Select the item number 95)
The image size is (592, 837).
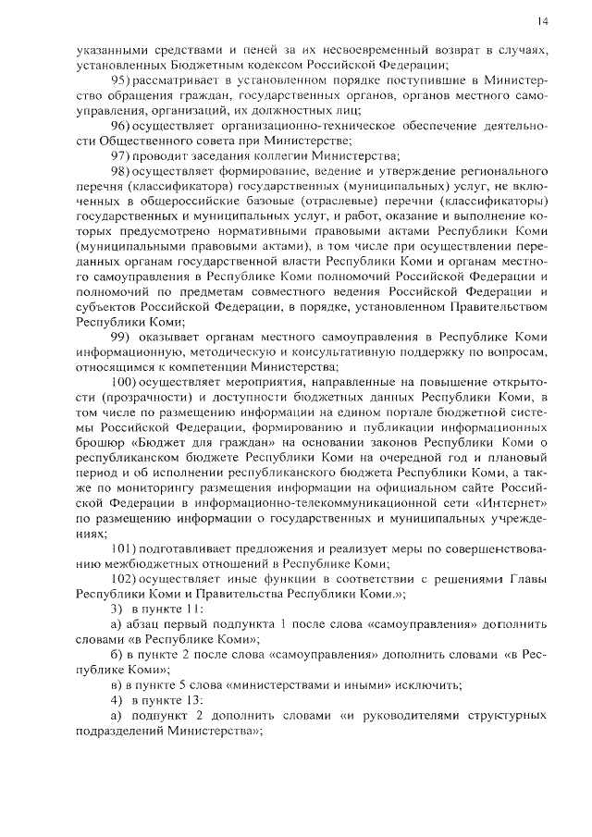point(122,83)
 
